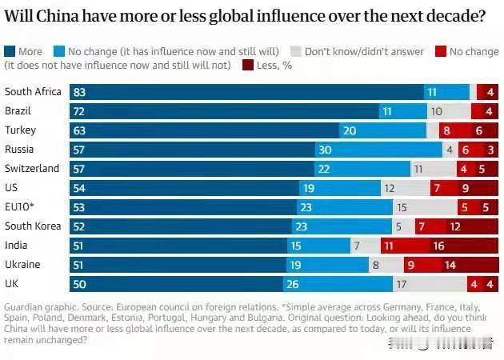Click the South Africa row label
[x=33, y=92]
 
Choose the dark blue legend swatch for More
[x=10, y=52]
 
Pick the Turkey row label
[x=20, y=130]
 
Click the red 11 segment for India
[x=388, y=245]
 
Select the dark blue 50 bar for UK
[x=176, y=283]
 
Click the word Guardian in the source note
[x=26, y=308]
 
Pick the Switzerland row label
[x=32, y=168]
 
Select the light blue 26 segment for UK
[x=338, y=283]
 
